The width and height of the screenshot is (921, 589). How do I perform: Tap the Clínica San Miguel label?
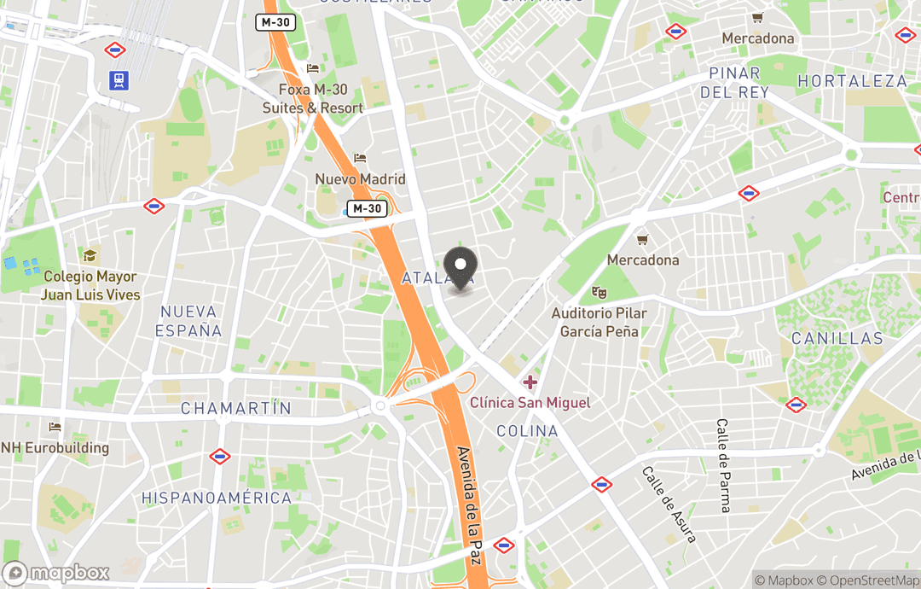[x=530, y=402]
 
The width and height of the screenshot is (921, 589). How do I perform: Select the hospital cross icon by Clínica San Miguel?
[x=530, y=381]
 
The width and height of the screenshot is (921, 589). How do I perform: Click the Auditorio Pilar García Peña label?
[x=599, y=322]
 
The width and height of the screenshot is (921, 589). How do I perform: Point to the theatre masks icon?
[x=599, y=293]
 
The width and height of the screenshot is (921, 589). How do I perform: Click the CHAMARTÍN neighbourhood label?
[x=235, y=408]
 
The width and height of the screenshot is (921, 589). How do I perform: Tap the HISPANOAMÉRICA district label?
[x=217, y=497]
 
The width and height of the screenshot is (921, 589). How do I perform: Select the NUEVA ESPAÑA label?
[x=189, y=321]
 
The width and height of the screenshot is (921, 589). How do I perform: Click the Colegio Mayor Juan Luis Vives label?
[x=90, y=285]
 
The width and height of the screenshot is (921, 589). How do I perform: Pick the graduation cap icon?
[x=90, y=255]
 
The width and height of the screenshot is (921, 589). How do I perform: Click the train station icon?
[x=118, y=80]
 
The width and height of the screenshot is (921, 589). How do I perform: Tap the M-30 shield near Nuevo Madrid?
[x=368, y=207]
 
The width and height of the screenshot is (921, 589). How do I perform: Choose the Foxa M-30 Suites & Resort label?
[x=312, y=98]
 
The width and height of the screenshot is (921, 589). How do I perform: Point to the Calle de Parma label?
[x=724, y=465]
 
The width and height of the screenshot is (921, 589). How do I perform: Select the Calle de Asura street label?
[x=669, y=504]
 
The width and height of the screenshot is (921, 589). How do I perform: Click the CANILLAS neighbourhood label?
[x=837, y=338]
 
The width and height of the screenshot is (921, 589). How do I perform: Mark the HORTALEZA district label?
[x=852, y=81]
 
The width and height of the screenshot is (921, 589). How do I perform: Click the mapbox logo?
[x=57, y=573]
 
